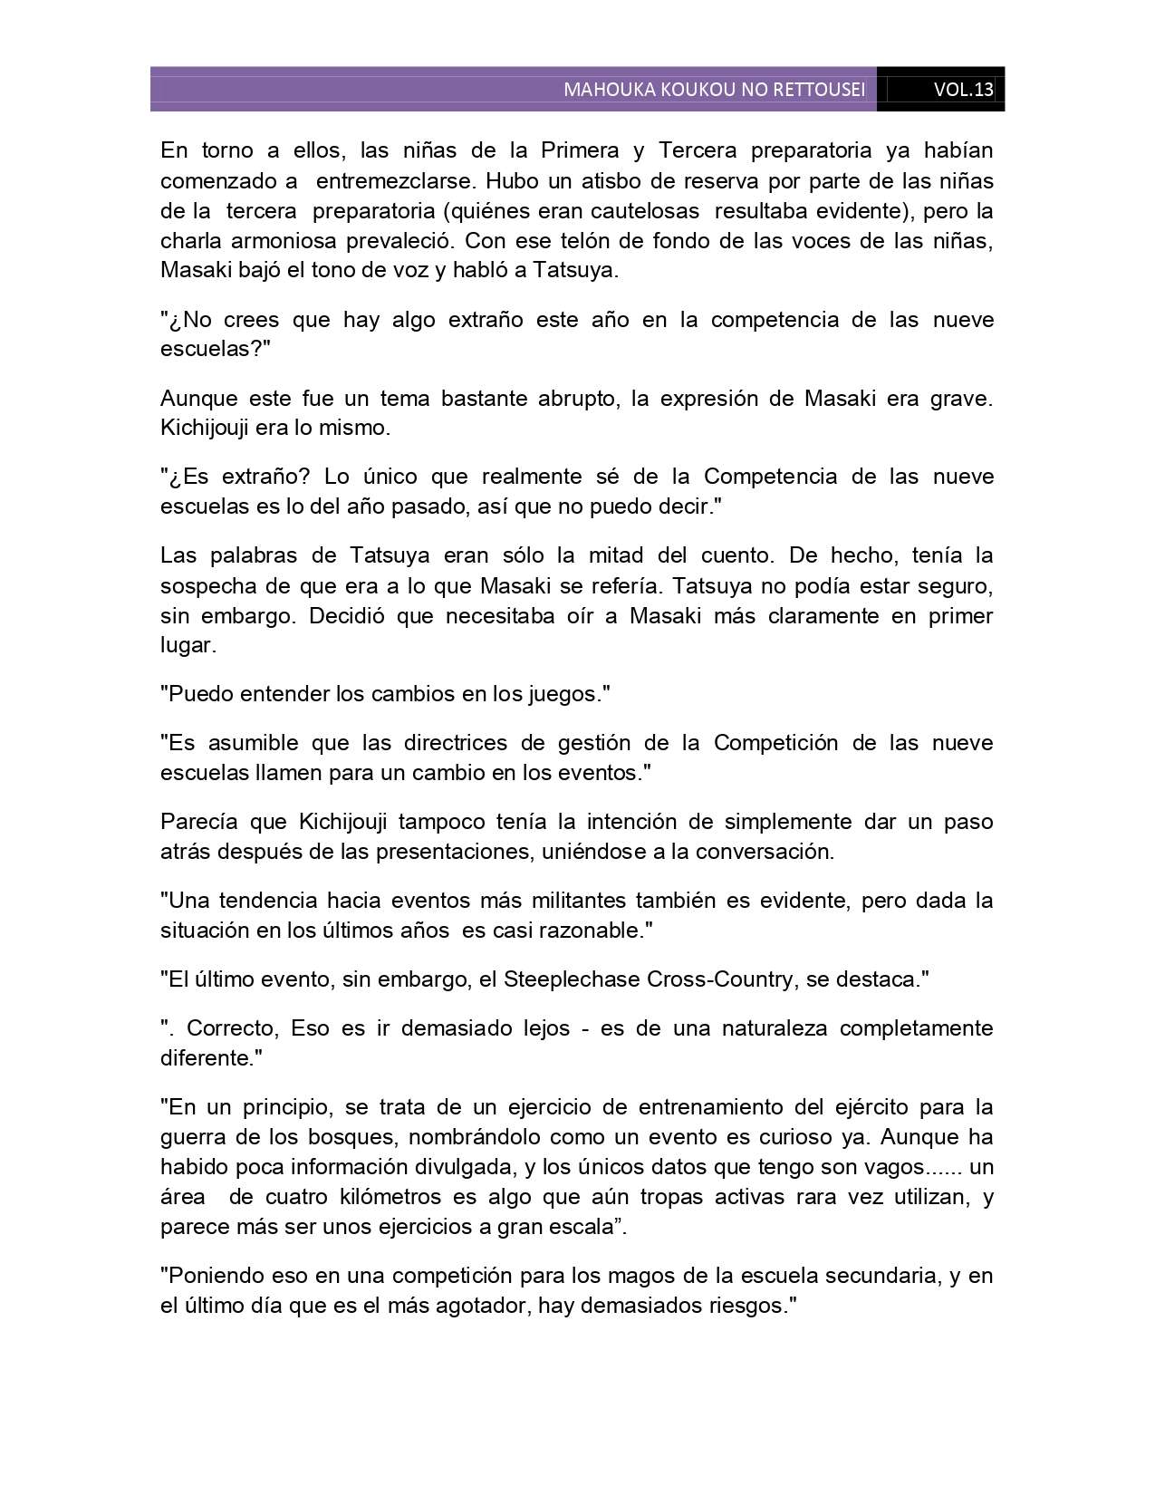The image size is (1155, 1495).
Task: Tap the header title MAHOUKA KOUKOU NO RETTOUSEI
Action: click(x=714, y=90)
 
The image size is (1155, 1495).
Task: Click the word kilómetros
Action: click(x=378, y=1197)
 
